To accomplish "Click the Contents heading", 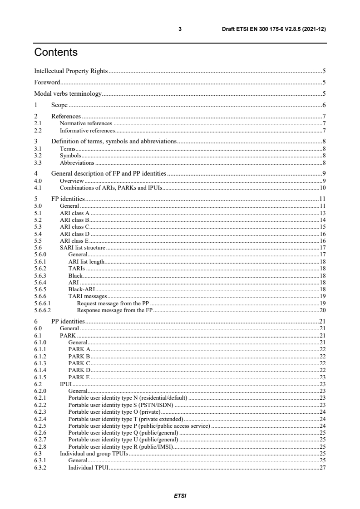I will [x=56, y=53].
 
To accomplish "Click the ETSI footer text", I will [x=180, y=495].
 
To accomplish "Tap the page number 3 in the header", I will [x=180, y=29].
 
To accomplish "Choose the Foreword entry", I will [x=47, y=83].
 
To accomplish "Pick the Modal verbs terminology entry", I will [x=68, y=94].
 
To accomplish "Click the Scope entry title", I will [x=59, y=105].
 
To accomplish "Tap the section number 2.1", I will [x=38, y=123].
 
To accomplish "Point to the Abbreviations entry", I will [x=77, y=162].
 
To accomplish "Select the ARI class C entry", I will [x=75, y=226].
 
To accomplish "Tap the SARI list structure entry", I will [x=83, y=248].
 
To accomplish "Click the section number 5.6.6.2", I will [x=42, y=310].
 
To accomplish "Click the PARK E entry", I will [x=79, y=377].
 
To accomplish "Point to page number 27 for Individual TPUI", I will [x=323, y=468].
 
